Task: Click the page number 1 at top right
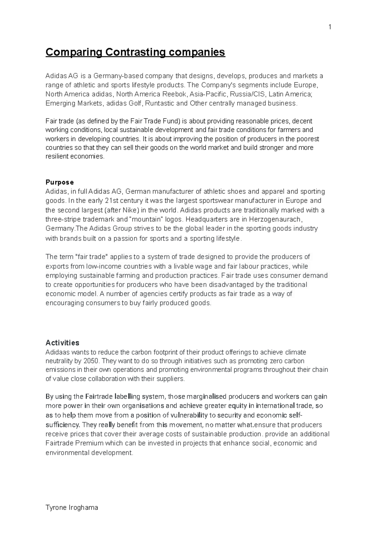click(330, 27)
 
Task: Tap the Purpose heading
click(60, 182)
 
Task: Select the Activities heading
click(62, 342)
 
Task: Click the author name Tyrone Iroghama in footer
click(72, 507)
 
